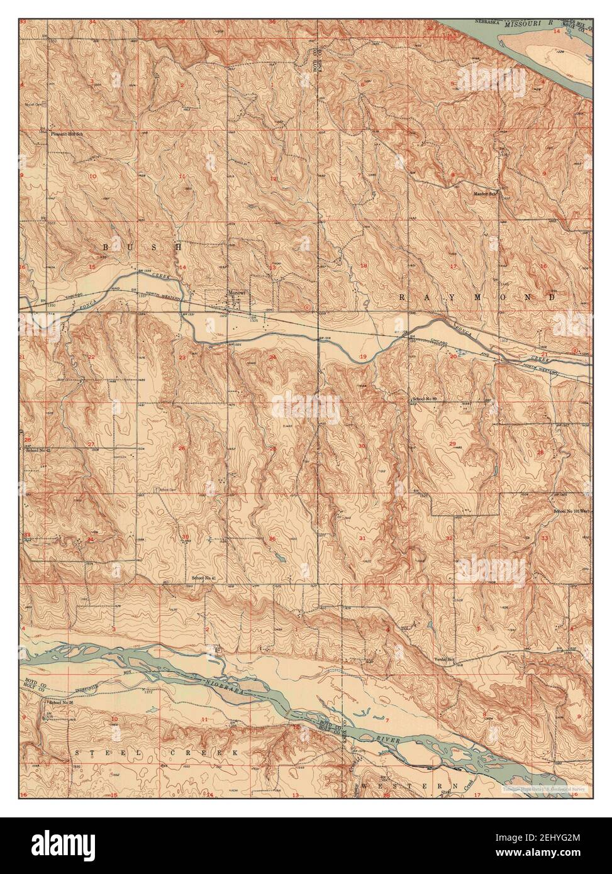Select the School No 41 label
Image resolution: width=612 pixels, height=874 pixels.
204,577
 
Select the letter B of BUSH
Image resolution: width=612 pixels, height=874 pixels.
105,248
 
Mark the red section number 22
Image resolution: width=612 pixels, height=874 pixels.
91,357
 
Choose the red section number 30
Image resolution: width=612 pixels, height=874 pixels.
362,446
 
